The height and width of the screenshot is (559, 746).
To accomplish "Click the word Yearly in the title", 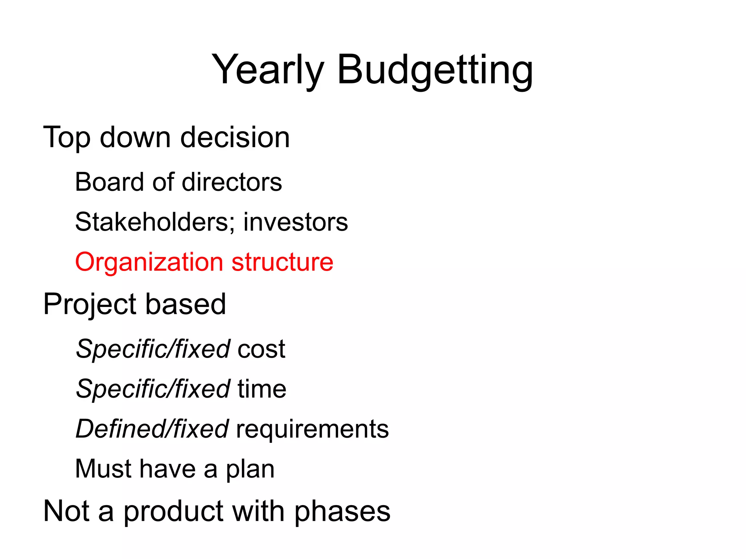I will (267, 70).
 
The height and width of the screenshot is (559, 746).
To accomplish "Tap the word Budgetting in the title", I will (435, 70).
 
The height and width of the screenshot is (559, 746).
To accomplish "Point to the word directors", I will (232, 182).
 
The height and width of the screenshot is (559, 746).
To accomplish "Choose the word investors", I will (295, 222).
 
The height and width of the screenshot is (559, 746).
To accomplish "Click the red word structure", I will (282, 262).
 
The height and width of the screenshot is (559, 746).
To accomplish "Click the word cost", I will (261, 349).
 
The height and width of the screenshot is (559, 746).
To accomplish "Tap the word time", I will (262, 389).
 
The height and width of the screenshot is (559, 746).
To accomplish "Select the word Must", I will (103, 469).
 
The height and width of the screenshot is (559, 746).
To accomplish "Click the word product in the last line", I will (173, 512).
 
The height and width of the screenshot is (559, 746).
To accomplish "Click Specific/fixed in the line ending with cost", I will (153, 349).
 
